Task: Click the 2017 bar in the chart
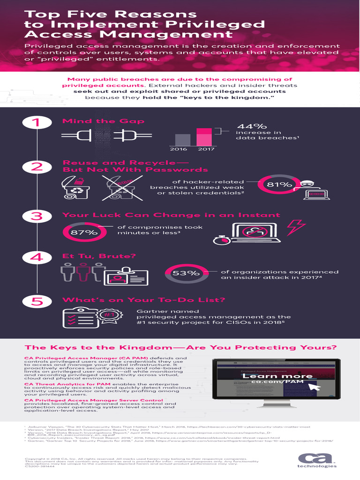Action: click(204, 137)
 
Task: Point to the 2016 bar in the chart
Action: click(183, 140)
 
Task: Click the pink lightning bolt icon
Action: click(295, 226)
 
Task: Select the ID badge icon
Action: click(119, 277)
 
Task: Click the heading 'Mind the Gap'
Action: click(103, 121)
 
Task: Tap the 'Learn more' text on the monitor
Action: click(277, 376)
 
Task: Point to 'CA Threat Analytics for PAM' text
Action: click(67, 384)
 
